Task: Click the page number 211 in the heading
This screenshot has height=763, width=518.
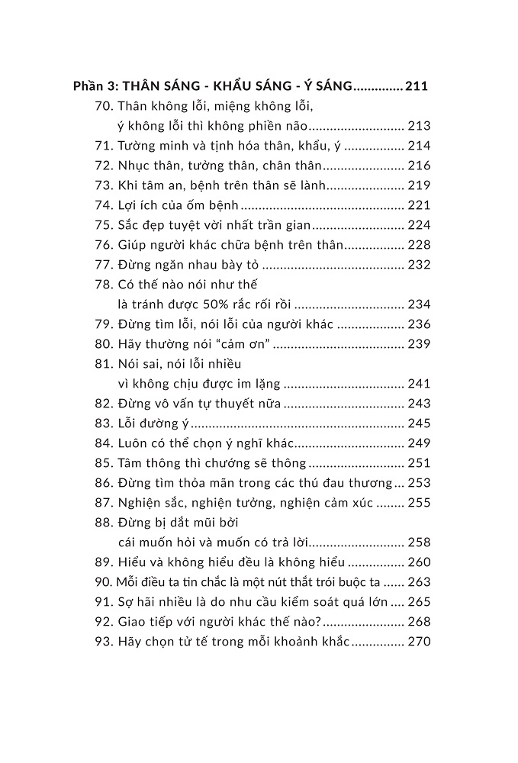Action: point(417,86)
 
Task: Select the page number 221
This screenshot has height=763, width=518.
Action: point(420,205)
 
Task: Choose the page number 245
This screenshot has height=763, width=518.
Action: point(420,423)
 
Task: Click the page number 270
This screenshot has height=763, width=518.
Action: point(420,642)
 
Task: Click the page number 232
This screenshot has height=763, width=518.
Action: point(420,265)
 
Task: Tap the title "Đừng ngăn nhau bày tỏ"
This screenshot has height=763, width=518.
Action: point(189,265)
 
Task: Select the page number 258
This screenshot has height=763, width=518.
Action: point(420,542)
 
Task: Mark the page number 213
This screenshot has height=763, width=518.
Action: point(420,126)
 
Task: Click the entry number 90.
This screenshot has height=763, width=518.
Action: point(105,582)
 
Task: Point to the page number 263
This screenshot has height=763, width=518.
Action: point(420,582)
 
